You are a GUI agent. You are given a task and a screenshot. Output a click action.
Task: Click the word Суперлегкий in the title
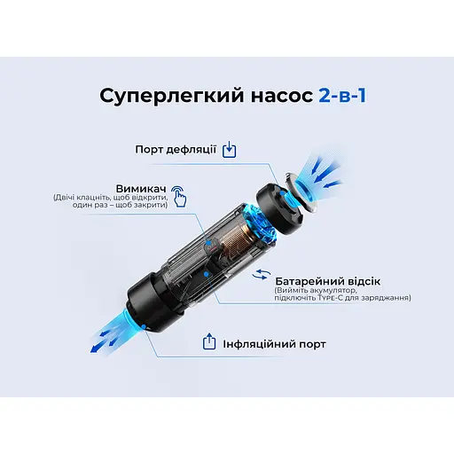coord(144,96)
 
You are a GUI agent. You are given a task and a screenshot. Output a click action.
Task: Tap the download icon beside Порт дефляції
coord(230,149)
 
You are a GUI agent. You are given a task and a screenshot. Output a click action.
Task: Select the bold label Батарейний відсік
coord(325,277)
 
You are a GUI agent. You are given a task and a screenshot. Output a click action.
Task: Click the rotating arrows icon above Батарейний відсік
coord(262,276)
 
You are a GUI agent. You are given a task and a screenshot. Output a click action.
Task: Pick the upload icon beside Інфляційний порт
coord(209,341)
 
